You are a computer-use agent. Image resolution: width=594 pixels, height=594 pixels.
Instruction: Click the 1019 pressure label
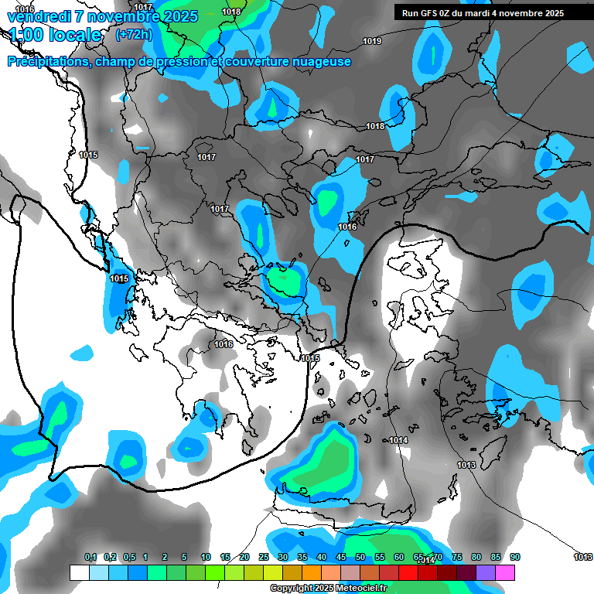[372, 41]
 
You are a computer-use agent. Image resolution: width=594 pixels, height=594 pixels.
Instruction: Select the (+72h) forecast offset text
[134, 35]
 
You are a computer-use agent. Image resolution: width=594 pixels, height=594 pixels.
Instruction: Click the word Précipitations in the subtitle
[48, 62]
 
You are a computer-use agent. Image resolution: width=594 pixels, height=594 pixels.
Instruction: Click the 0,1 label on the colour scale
[90, 558]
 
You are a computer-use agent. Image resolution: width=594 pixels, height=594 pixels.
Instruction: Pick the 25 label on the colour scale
[264, 558]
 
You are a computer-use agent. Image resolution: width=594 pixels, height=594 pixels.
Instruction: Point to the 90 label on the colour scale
[515, 558]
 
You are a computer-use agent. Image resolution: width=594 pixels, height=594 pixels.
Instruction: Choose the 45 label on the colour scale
[341, 558]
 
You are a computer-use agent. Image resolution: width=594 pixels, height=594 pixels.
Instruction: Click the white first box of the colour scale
[79, 572]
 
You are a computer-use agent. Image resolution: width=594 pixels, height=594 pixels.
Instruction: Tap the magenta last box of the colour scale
[505, 572]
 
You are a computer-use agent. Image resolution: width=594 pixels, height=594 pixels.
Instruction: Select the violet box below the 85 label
[486, 572]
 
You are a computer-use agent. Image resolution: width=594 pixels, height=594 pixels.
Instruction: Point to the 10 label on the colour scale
[206, 558]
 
